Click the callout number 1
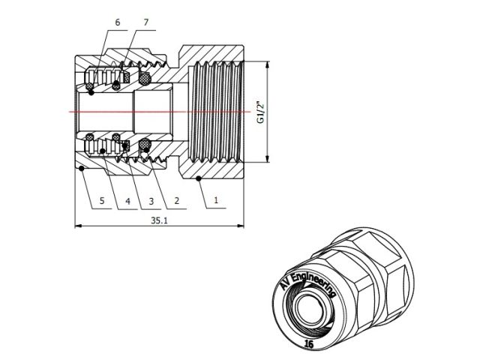(216, 200)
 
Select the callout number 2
(176, 200)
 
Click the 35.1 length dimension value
(159, 220)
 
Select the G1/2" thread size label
(259, 112)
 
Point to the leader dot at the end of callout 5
(80, 168)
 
